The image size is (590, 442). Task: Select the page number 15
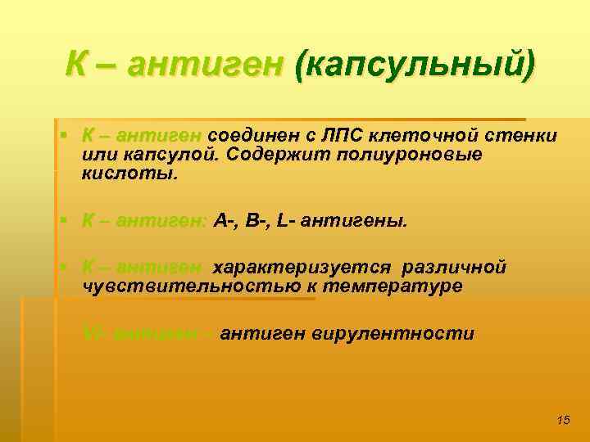562,420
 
